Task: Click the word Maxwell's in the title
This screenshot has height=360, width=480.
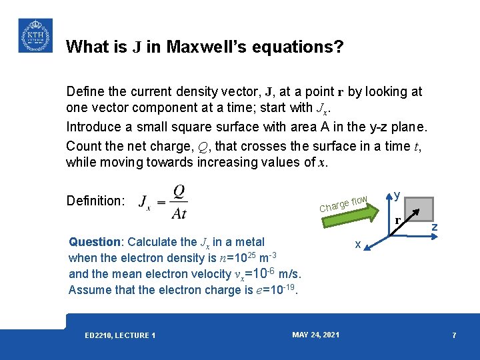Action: (x=205, y=47)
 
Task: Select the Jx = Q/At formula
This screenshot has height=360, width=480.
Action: (x=163, y=201)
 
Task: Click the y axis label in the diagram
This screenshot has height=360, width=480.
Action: (x=397, y=195)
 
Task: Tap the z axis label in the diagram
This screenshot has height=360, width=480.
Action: (x=434, y=227)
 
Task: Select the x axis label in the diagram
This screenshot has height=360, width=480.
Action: (x=358, y=245)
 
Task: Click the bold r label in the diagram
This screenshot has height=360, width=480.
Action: (x=397, y=219)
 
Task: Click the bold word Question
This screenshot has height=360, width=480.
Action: (x=95, y=242)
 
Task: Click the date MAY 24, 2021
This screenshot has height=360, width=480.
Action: (x=315, y=334)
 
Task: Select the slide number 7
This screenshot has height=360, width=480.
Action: (x=454, y=335)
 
